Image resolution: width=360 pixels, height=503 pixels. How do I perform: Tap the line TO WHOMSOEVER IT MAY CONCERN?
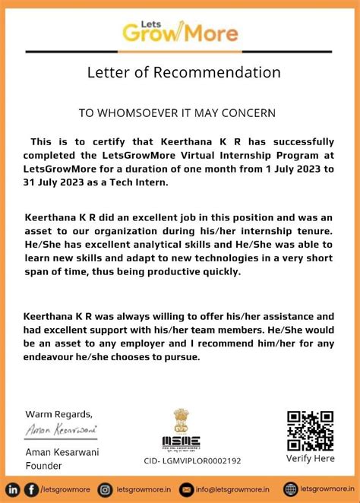click(x=177, y=112)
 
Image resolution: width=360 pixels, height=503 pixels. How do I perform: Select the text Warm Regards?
click(x=59, y=414)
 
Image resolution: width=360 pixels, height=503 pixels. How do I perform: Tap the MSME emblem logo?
click(x=181, y=430)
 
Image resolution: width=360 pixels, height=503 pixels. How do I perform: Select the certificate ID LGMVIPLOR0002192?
click(x=192, y=460)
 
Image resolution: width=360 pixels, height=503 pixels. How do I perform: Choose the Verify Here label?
click(x=310, y=459)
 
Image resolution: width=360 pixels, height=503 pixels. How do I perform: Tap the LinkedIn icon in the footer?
click(x=14, y=489)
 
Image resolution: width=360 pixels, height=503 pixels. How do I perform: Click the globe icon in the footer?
click(x=290, y=489)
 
